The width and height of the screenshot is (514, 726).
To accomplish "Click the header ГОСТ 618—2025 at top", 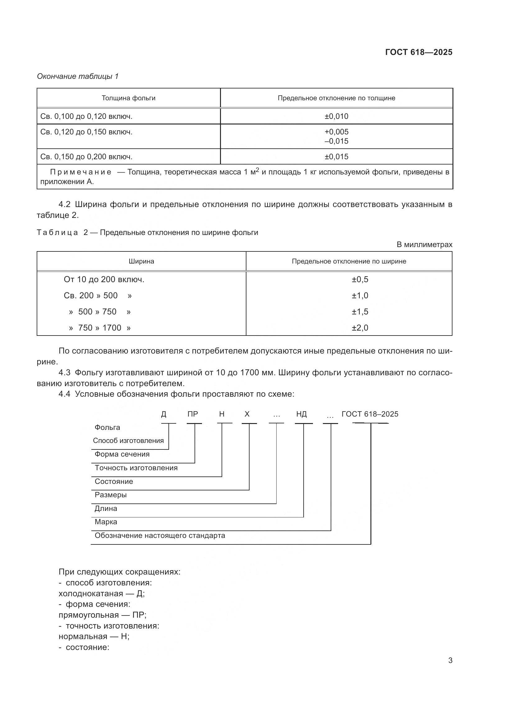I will coord(418,52).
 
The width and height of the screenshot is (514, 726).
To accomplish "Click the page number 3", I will coord(450,661).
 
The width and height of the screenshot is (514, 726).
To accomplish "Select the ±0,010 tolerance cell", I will coord(336,116).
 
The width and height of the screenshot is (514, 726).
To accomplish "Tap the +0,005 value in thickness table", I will coord(336,132).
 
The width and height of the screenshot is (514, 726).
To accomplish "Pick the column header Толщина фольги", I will coord(129,98).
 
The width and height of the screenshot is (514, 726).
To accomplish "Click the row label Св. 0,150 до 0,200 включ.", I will coord(86,157).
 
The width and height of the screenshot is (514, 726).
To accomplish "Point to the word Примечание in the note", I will coord(81,172).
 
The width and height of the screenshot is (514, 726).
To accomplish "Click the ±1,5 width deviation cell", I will coord(360,312).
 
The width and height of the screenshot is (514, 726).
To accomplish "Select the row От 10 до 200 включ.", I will coord(104,280).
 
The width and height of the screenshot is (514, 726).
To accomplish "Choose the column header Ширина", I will coord(141,261).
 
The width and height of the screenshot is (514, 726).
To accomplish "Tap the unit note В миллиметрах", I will coord(424,244).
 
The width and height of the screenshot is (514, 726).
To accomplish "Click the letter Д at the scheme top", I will coord(164,414).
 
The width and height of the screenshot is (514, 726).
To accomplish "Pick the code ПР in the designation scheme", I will coord(192,414).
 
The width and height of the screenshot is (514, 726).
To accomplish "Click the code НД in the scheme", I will coord(301,414).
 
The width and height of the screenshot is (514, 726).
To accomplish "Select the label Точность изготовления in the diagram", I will coord(136,468).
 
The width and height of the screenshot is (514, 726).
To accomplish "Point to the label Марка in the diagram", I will coord(106,522).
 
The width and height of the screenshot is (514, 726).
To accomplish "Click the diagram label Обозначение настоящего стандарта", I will coord(160,536).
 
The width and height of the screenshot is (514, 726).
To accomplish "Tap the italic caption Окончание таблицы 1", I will coord(78,76).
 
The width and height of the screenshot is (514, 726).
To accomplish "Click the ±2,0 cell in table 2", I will coord(360,328).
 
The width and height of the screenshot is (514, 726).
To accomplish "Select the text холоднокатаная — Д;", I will coord(102,593).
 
